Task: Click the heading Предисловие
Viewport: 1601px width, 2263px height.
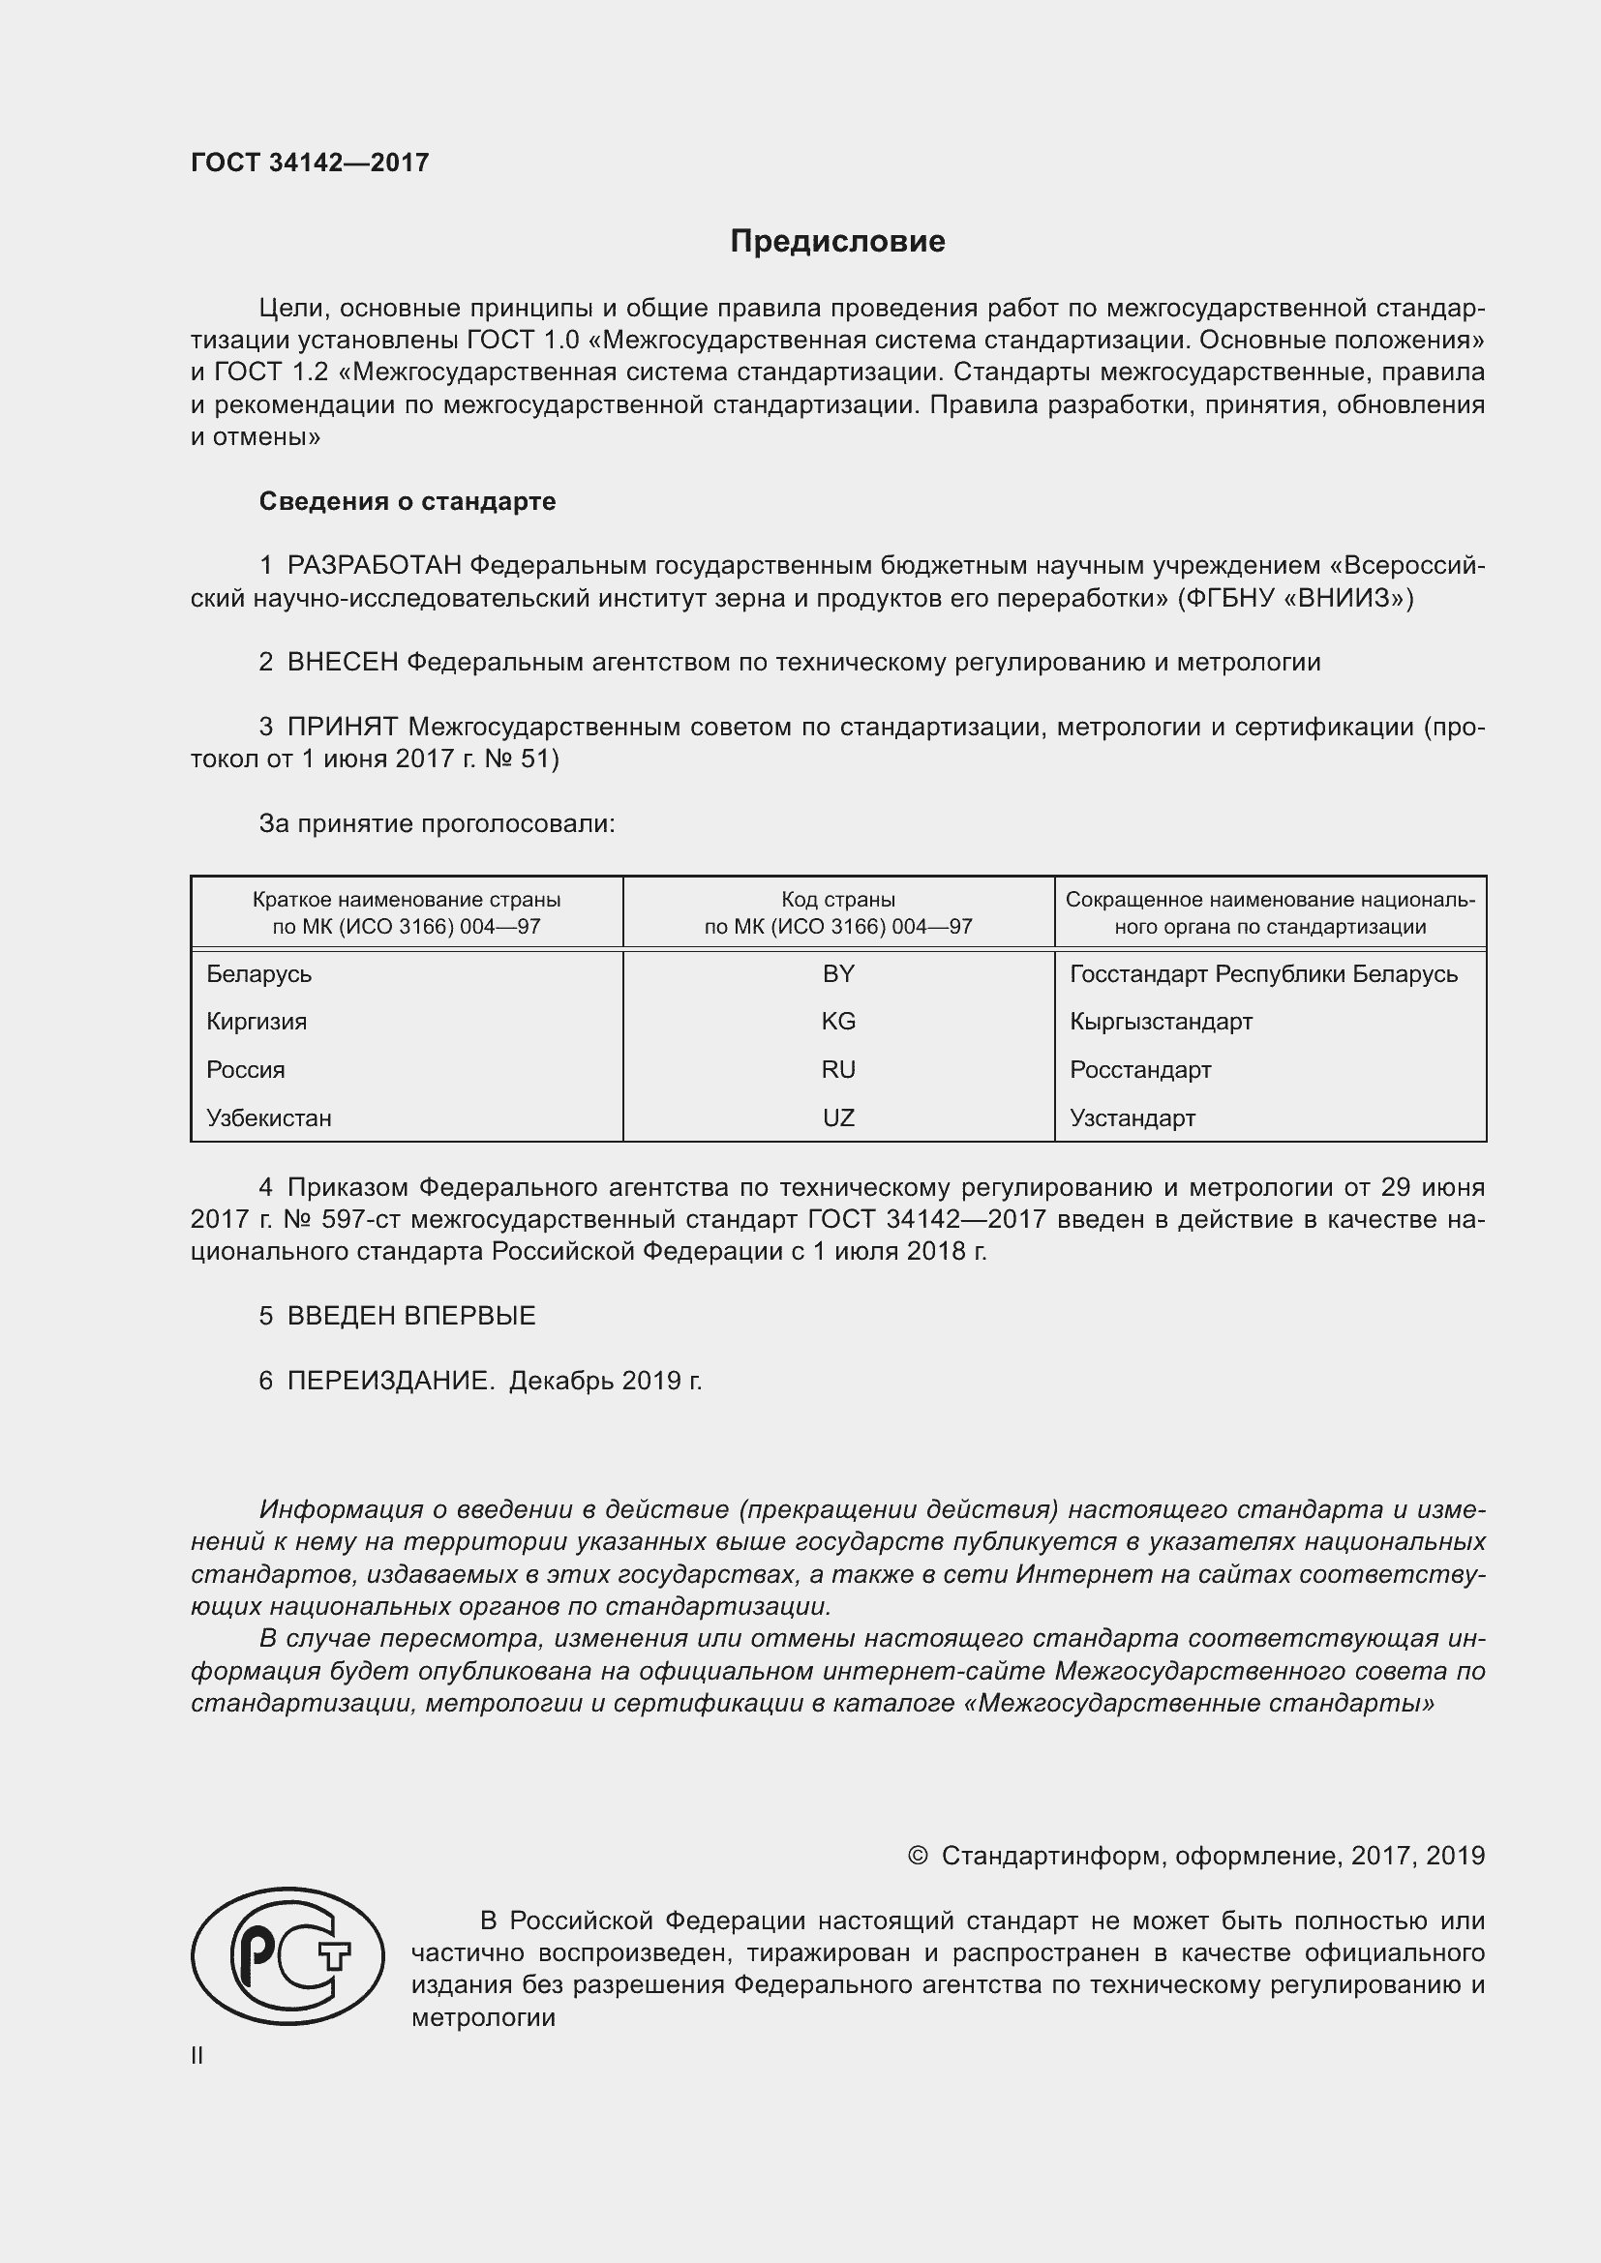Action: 837,242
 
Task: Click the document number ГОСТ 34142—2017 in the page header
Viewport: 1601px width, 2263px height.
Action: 310,163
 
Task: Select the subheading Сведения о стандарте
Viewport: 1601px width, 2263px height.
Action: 408,502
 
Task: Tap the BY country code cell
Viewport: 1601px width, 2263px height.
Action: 838,974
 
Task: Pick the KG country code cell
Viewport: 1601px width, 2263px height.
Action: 838,1021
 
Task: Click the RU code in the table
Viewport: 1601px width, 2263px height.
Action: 838,1069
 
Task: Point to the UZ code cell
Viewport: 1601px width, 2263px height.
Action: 838,1117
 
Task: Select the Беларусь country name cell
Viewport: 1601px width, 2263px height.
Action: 259,974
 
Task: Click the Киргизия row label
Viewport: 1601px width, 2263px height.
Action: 257,1021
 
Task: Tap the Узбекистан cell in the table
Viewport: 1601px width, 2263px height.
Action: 269,1117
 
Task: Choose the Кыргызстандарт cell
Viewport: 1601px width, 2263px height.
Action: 1161,1021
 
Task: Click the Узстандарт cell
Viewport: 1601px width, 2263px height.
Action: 1132,1117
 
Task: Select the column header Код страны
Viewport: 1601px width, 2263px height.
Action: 838,899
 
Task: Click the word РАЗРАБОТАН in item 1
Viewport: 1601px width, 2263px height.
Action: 375,566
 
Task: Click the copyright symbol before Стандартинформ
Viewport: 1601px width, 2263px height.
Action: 917,1856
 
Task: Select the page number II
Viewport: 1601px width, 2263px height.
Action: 197,2055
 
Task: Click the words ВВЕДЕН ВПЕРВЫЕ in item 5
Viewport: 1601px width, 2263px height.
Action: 411,1316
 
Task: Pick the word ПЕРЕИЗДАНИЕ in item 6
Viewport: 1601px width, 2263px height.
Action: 389,1381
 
